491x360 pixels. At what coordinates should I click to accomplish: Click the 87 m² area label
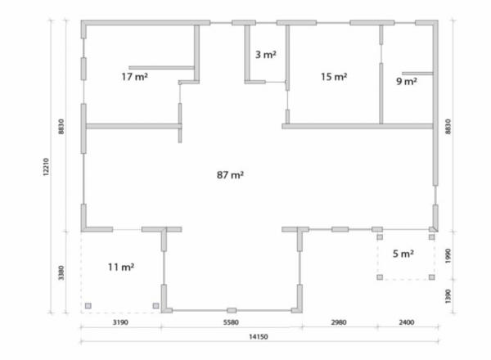[x=230, y=174]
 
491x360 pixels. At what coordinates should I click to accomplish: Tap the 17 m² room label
[x=135, y=76]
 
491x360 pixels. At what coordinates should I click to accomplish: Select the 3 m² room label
[x=265, y=55]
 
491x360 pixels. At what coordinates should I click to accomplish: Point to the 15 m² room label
[x=334, y=76]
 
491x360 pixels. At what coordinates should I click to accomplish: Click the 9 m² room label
[x=407, y=81]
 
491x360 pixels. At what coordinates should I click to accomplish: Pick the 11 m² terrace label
[x=121, y=267]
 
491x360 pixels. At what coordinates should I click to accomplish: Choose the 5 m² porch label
[x=403, y=254]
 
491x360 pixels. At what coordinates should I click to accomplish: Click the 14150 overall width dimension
[x=259, y=337]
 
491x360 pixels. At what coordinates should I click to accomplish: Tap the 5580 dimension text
[x=231, y=322]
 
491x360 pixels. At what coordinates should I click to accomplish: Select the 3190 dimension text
[x=120, y=322]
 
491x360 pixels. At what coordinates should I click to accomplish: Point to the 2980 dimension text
[x=339, y=322]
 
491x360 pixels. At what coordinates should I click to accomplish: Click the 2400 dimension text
[x=407, y=322]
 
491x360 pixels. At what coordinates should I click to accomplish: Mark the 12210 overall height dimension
[x=46, y=167]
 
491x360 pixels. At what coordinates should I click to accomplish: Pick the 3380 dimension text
[x=61, y=272]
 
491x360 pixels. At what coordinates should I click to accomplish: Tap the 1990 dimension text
[x=448, y=256]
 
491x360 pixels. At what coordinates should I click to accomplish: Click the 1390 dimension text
[x=448, y=296]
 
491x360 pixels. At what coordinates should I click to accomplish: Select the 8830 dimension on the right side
[x=448, y=127]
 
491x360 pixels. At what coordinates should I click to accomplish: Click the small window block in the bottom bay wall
[x=232, y=310]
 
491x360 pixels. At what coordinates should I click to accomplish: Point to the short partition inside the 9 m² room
[x=417, y=74]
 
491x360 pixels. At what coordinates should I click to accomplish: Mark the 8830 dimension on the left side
[x=61, y=127]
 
